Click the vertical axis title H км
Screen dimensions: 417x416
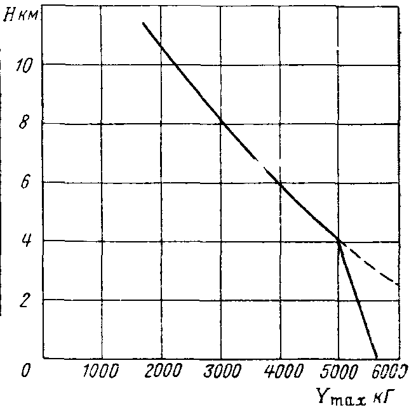coord(22,15)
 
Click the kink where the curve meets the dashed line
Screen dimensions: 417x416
coord(339,241)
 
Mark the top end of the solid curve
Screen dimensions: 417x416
coord(143,23)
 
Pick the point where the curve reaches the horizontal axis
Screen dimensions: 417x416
coord(377,358)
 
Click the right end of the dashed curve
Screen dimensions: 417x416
coord(399,284)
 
